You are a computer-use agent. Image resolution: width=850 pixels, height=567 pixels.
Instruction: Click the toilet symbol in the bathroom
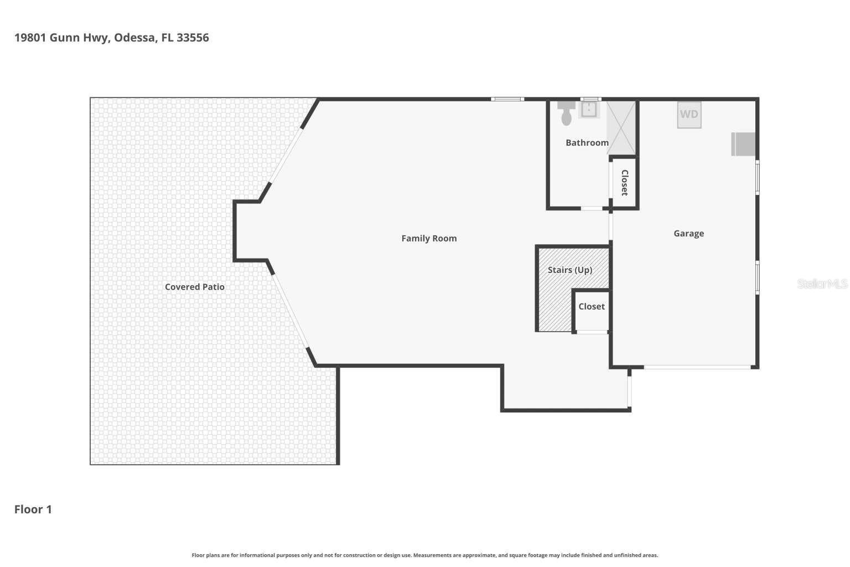[566, 113]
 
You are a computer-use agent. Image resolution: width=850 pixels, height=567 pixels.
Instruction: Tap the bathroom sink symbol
[589, 110]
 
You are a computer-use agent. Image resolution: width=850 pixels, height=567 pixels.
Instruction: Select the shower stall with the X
[622, 127]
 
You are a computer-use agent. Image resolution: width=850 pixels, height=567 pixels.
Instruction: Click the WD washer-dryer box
[689, 115]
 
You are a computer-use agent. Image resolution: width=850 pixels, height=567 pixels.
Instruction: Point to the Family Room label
[429, 239]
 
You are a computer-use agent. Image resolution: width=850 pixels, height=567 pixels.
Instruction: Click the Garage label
[688, 234]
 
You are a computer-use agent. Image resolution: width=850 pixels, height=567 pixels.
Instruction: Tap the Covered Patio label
[195, 287]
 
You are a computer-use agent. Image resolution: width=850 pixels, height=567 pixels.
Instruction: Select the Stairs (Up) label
[570, 270]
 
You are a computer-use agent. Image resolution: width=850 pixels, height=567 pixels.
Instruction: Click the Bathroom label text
[587, 143]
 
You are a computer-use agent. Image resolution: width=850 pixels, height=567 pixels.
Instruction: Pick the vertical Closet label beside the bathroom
[624, 183]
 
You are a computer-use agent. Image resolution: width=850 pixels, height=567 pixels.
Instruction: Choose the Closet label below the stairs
[591, 307]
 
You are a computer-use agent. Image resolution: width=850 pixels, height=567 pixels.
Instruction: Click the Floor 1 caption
[33, 509]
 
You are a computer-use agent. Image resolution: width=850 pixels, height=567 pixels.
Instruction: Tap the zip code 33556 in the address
[193, 38]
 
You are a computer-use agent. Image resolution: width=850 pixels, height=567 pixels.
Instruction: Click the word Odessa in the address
[135, 38]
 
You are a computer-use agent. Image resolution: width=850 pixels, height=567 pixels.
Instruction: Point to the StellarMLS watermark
[822, 284]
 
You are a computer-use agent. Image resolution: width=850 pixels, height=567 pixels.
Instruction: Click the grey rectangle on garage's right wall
[744, 145]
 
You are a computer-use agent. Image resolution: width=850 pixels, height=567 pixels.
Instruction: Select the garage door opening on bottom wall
[697, 367]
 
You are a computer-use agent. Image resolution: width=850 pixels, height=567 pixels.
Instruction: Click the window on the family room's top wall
[507, 99]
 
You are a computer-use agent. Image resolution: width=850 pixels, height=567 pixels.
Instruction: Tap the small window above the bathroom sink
[590, 99]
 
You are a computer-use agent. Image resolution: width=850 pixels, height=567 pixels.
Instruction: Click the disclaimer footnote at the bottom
[424, 555]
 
